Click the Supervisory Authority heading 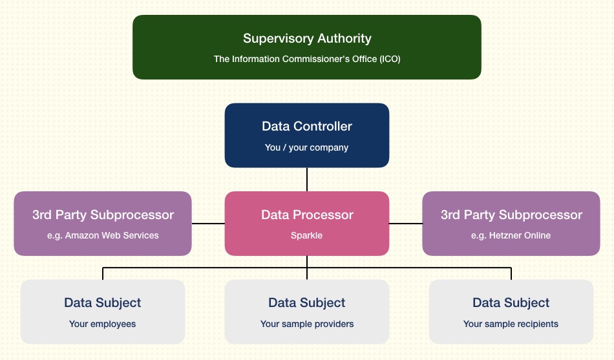click(307, 38)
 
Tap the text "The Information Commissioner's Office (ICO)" click(307, 59)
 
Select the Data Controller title click(307, 126)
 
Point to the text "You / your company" click(306, 147)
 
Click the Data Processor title click(307, 215)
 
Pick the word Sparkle click(306, 235)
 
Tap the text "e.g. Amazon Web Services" click(103, 235)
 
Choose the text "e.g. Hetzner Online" click(511, 235)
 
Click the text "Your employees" click(103, 324)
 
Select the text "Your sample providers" click(307, 324)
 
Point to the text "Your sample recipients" click(511, 324)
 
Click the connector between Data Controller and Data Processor click(307, 180)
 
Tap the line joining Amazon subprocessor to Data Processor click(208, 224)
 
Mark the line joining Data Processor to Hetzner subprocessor click(406, 224)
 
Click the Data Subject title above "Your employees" click(103, 303)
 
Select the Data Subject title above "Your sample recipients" click(511, 303)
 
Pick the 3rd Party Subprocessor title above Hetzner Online click(511, 215)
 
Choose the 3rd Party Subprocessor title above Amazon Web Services click(103, 215)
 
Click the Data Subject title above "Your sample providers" click(307, 303)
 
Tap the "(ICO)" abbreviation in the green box click(390, 59)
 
